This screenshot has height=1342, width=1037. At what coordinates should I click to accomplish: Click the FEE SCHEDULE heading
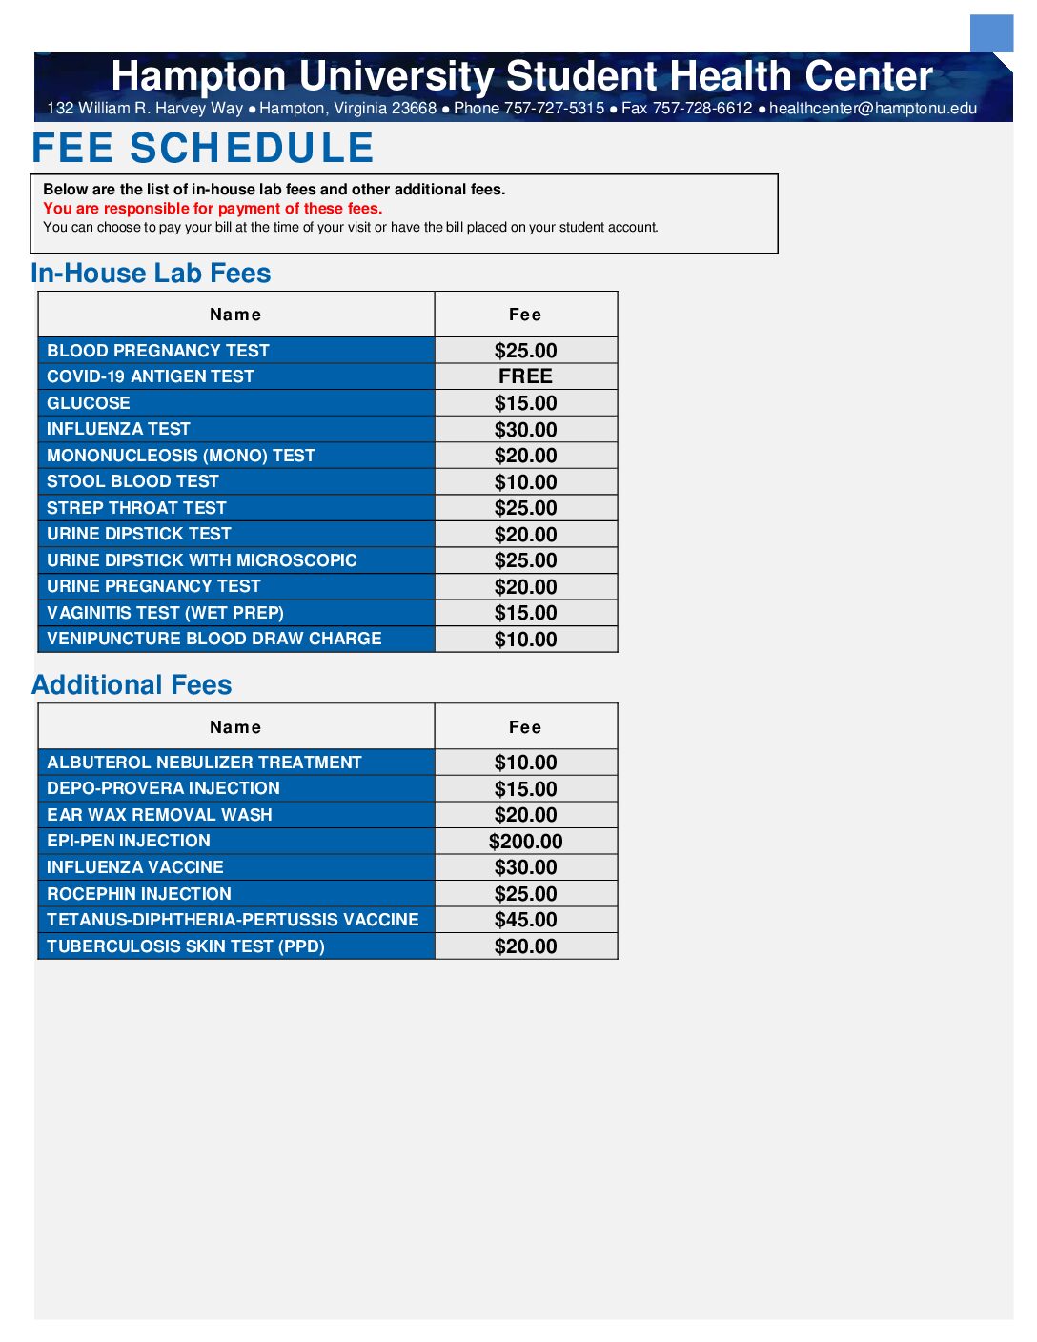click(x=202, y=149)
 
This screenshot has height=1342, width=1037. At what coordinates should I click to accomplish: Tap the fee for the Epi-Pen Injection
click(x=525, y=842)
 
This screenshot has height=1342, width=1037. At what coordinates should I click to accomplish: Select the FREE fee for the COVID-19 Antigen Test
click(x=525, y=376)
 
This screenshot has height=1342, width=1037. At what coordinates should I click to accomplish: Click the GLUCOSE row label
click(x=89, y=403)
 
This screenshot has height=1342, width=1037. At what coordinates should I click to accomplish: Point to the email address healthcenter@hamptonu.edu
click(x=872, y=109)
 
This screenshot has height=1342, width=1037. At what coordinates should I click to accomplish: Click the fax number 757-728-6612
click(x=702, y=109)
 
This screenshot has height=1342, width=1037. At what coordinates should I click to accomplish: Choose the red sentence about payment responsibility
click(x=213, y=209)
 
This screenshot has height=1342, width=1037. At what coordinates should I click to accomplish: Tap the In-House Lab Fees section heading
click(x=151, y=274)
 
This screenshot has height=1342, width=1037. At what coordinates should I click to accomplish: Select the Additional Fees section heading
click(x=132, y=685)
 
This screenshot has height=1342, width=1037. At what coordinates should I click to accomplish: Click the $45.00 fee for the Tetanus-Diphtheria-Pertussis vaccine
click(x=525, y=920)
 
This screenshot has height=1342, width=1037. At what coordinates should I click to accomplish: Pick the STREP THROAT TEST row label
click(x=136, y=508)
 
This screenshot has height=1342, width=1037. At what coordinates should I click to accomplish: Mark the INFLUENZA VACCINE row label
click(x=135, y=867)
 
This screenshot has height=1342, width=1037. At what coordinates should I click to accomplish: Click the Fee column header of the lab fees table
click(x=525, y=315)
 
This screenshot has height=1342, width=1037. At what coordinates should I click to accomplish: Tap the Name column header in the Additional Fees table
click(x=235, y=727)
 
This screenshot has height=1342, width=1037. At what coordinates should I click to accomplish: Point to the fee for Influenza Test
click(x=525, y=430)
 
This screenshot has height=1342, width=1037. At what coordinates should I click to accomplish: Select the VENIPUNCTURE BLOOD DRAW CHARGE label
click(x=214, y=639)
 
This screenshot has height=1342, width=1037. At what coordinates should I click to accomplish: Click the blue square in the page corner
click(x=991, y=33)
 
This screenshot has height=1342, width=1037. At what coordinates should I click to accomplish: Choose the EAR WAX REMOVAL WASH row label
click(x=159, y=815)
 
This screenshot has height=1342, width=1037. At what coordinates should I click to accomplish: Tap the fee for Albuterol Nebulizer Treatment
click(x=525, y=762)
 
